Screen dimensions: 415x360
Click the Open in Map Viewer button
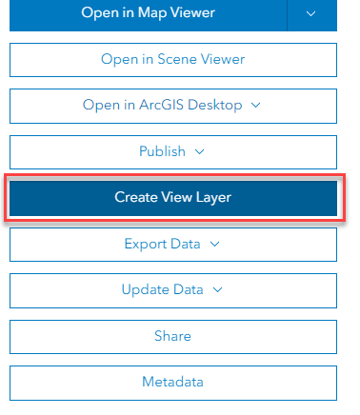[x=148, y=13]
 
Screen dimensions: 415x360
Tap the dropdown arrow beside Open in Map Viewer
[x=312, y=13]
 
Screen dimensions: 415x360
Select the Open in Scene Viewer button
[x=173, y=59]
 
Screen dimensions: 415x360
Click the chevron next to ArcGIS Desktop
[x=255, y=105]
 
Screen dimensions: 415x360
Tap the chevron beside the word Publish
[x=200, y=150]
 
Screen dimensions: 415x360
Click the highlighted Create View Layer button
[x=173, y=197]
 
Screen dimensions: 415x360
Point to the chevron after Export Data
[x=214, y=244]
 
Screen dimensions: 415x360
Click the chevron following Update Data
[x=218, y=289]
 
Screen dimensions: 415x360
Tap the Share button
[x=173, y=336]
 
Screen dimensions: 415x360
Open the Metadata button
[x=173, y=382]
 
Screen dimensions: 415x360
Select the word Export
[x=145, y=244]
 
